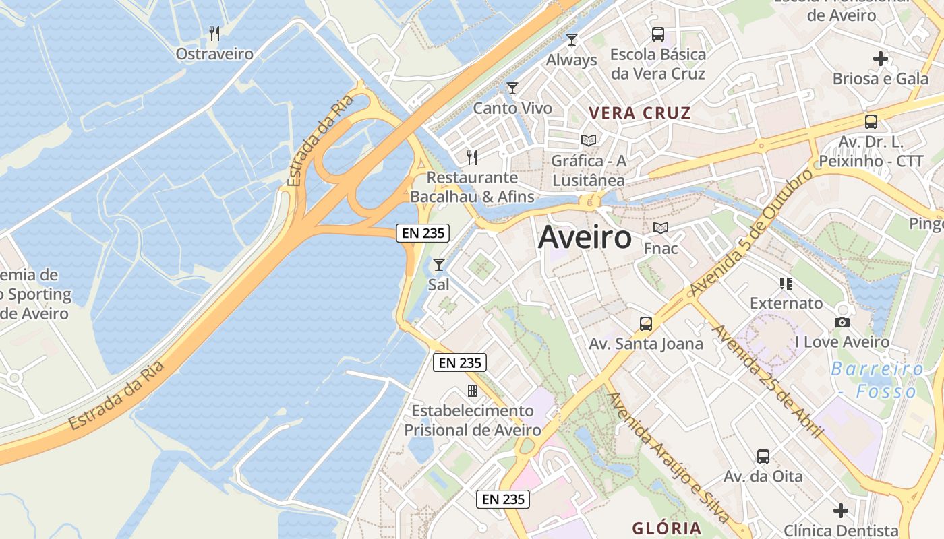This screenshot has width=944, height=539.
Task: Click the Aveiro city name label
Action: [x=585, y=237]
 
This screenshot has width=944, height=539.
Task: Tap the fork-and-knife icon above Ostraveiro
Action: [x=214, y=33]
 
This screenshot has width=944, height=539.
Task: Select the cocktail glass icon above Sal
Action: [x=439, y=264]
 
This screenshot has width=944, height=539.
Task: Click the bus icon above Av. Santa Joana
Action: [x=646, y=323]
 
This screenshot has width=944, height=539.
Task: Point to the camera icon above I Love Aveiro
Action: [x=842, y=322]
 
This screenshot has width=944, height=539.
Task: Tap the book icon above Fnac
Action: [x=661, y=228]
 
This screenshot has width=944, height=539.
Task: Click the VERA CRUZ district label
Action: [x=640, y=113]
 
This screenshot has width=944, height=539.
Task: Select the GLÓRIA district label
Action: [x=667, y=528]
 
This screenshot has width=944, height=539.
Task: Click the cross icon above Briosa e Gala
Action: [x=880, y=59]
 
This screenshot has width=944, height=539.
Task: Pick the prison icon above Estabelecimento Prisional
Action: [x=473, y=391]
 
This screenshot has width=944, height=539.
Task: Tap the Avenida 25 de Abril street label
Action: [x=767, y=381]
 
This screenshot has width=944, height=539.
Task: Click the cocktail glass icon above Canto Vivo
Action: [x=512, y=88]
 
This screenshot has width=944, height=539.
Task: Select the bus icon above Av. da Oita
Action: [x=763, y=456]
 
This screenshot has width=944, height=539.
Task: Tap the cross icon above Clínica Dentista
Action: [x=840, y=510]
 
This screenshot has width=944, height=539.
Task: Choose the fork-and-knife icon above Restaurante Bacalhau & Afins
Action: [x=472, y=158]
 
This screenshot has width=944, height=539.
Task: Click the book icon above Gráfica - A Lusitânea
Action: [x=589, y=140]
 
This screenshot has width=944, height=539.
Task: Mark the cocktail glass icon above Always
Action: [x=572, y=39]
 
